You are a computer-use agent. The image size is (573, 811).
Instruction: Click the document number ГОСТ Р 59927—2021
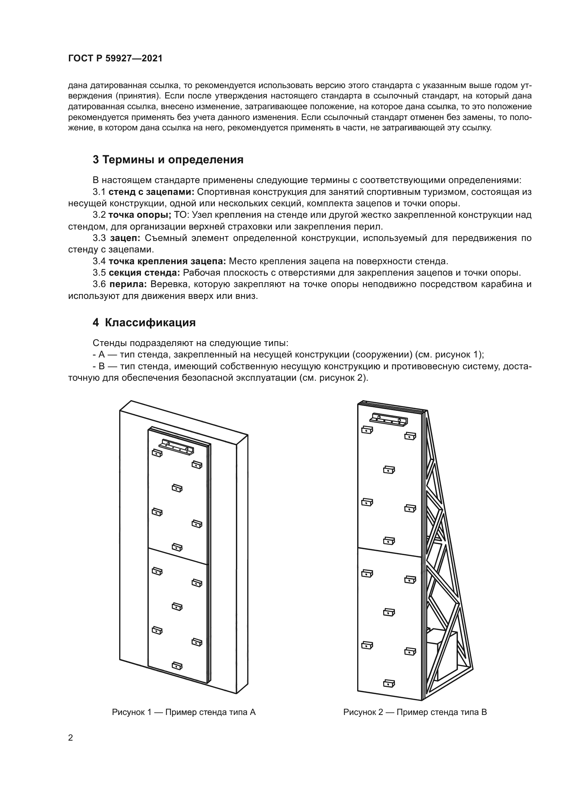[x=115, y=59]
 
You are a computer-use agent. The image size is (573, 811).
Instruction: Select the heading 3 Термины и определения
[x=168, y=159]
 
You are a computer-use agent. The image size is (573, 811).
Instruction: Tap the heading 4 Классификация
[x=144, y=322]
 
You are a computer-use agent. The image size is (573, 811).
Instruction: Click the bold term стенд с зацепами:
[x=151, y=192]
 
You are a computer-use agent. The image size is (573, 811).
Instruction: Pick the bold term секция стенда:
[x=144, y=273]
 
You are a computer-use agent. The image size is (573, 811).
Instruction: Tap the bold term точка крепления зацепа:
[x=167, y=261]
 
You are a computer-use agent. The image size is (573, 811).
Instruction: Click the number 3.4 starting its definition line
[x=99, y=261]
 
